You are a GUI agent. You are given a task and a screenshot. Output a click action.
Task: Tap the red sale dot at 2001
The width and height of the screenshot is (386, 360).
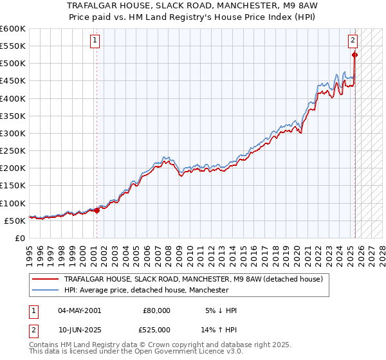point(97,210)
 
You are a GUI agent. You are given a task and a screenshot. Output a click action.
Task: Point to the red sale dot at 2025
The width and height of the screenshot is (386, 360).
point(354,55)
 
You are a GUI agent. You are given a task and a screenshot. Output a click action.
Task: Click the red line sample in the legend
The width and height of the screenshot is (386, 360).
point(46,279)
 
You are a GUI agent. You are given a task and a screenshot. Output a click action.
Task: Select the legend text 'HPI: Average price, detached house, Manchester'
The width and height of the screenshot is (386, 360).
point(146,290)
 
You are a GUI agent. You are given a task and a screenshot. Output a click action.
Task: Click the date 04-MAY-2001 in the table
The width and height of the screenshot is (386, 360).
point(79,310)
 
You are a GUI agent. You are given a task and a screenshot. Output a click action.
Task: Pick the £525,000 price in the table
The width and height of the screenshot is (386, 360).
point(157,330)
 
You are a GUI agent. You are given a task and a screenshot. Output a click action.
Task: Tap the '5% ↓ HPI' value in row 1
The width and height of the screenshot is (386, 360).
point(220,310)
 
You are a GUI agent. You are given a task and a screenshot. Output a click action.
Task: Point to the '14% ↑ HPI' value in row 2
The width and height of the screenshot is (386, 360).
point(220,330)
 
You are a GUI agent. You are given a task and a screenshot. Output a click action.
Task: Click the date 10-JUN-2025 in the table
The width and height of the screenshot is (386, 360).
point(79,330)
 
